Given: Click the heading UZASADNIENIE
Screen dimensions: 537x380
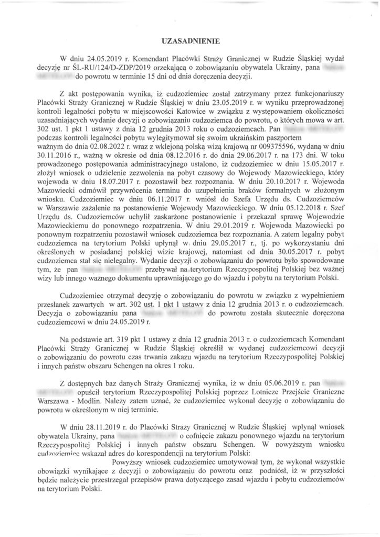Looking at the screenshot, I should click(189, 40).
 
